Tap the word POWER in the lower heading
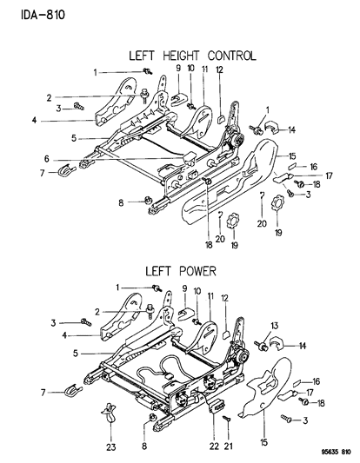[197, 270]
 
